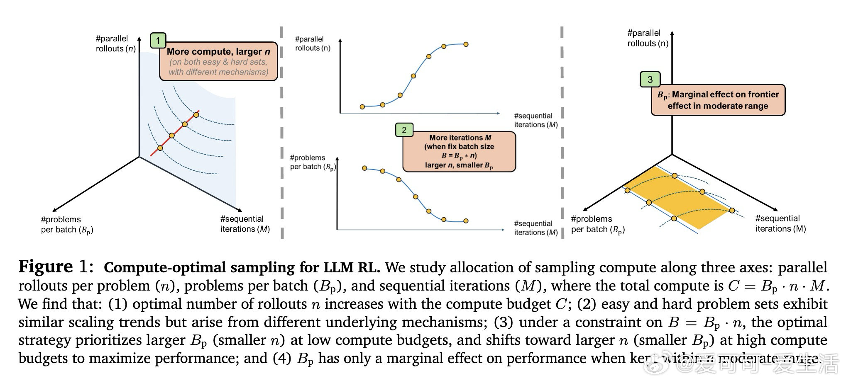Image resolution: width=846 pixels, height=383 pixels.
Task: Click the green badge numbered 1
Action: [x=158, y=41]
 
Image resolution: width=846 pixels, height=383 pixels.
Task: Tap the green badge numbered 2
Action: [x=404, y=130]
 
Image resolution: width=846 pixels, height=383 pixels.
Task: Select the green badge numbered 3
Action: [x=650, y=80]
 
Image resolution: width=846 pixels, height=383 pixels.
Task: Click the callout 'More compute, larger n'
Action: [x=218, y=61]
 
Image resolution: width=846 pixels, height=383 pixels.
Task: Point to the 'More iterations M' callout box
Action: [x=459, y=151]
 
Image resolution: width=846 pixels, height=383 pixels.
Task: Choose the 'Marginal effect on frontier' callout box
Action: [x=718, y=100]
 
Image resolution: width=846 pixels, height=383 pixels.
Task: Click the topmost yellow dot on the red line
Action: [x=196, y=114]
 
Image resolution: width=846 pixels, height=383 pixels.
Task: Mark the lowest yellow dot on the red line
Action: [x=160, y=148]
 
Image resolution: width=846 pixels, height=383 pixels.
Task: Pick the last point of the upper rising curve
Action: [x=466, y=44]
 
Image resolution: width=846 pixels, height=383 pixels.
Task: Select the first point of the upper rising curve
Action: [x=362, y=107]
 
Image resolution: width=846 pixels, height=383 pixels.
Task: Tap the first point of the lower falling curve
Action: [x=364, y=168]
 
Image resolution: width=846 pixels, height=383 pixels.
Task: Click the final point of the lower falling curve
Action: [x=466, y=221]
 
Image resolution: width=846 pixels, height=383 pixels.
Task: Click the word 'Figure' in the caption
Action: [x=46, y=267]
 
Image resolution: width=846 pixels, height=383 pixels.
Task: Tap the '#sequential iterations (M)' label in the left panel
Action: [x=245, y=224]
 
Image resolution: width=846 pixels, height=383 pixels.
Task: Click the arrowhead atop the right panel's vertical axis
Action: [x=672, y=33]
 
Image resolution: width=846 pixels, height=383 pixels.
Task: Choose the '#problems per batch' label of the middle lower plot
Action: [x=312, y=162]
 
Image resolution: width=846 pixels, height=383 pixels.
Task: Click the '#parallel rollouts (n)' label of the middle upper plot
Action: [x=312, y=44]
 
